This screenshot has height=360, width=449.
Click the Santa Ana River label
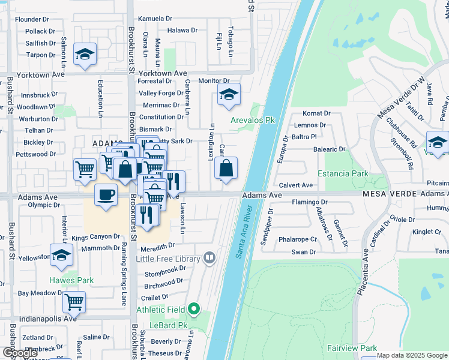point(247,231)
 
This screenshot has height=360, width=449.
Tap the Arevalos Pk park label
point(253,120)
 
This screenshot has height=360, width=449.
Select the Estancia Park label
point(346,174)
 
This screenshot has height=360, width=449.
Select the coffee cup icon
point(106,196)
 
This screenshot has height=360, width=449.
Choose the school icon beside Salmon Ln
point(85,54)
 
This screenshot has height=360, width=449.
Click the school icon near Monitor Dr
point(229,94)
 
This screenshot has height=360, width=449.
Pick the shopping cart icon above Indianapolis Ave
point(74,302)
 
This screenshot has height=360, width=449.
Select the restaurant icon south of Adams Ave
point(147,215)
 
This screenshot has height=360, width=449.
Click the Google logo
point(20,353)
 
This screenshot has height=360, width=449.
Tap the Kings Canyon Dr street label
point(96,238)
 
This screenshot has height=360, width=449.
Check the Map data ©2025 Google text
point(412,355)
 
